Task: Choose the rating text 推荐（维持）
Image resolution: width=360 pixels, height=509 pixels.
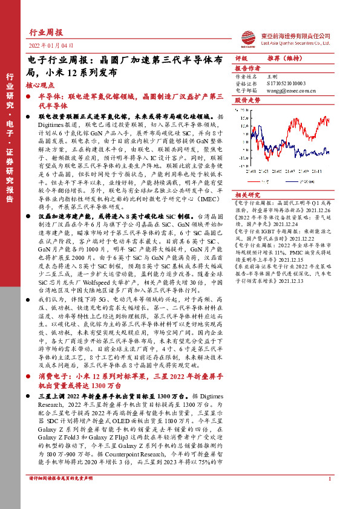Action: pos(284,59)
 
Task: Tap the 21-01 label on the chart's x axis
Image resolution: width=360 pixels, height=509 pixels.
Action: pos(250,171)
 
